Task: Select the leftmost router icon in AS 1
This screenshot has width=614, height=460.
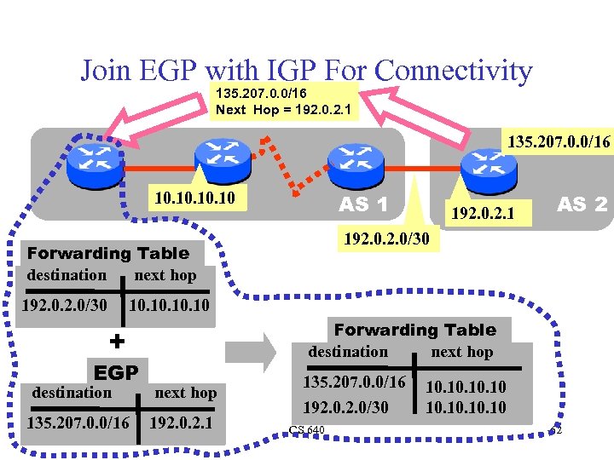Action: [96, 158]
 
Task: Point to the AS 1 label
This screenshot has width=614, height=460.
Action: [364, 204]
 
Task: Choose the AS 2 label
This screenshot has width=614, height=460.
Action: [582, 204]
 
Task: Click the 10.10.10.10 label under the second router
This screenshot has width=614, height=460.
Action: [195, 198]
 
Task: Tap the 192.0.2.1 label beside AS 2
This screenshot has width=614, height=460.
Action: [481, 210]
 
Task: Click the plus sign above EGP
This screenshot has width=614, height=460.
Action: [117, 341]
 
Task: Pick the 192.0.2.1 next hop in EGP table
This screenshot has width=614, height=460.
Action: [180, 423]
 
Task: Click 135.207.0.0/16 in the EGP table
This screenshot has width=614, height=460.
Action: [78, 423]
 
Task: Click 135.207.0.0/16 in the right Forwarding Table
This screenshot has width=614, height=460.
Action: [354, 382]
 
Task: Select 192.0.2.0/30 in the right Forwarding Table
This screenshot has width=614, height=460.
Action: [346, 408]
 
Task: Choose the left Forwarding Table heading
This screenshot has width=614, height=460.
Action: [108, 253]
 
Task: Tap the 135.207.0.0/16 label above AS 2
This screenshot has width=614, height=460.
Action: [559, 141]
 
